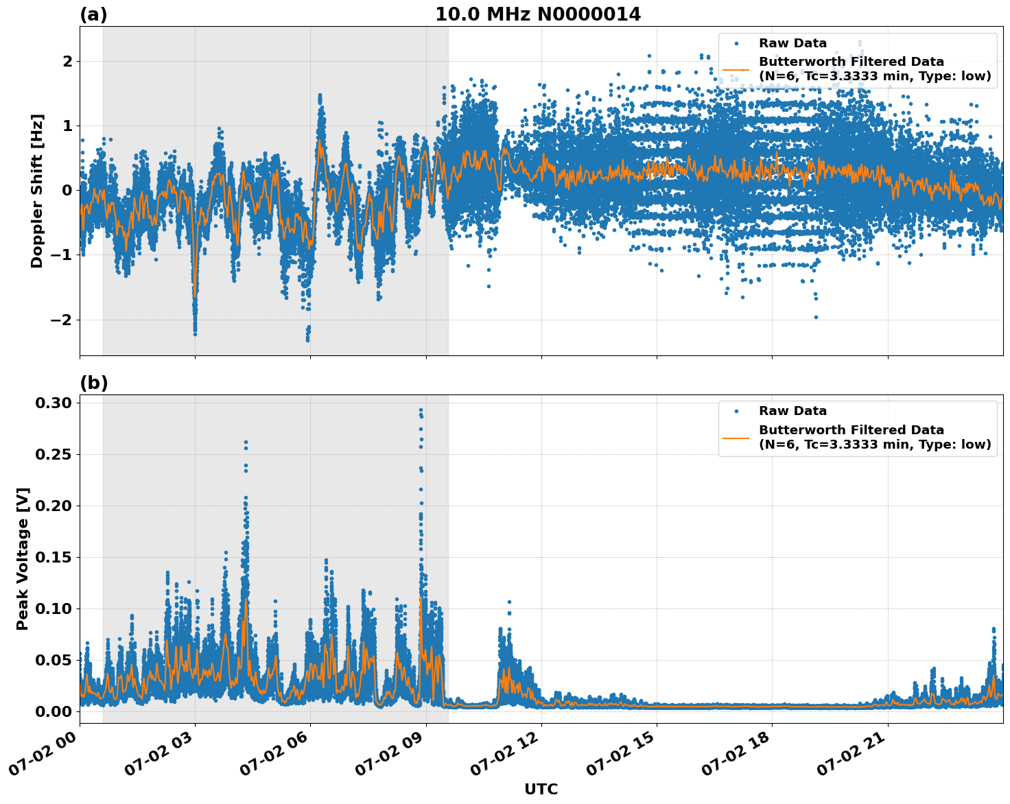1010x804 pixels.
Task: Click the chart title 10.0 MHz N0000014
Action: pos(538,14)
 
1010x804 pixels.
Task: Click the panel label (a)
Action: pos(93,14)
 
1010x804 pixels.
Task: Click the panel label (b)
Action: pos(93,383)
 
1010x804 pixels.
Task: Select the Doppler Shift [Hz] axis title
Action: pos(37,191)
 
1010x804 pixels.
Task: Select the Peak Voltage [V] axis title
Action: pos(23,559)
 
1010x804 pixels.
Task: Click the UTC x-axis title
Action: pos(541,789)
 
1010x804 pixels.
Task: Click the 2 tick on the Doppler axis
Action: pos(67,62)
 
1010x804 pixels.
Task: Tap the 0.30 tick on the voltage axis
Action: pos(53,403)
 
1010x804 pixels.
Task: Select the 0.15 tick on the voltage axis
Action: pos(53,557)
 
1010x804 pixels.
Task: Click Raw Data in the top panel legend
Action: pos(792,43)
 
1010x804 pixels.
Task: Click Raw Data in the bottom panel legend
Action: pos(792,411)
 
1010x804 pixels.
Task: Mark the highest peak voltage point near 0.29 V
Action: pos(421,410)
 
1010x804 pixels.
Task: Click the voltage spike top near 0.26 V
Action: pos(246,443)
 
